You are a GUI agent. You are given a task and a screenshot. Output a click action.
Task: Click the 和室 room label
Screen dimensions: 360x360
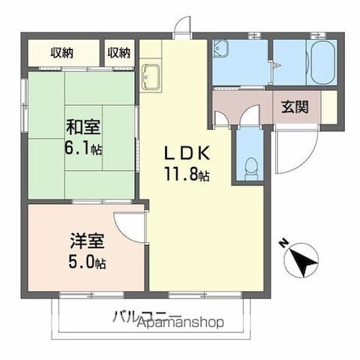tap(83, 127)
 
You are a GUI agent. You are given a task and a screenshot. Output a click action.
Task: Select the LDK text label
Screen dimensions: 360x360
tap(187, 153)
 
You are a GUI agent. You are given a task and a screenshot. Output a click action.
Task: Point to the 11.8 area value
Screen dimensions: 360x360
tap(181, 174)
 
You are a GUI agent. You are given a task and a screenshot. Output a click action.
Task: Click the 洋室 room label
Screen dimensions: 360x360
tap(87, 241)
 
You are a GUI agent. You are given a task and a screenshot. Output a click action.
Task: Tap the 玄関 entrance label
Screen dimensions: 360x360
tap(295, 107)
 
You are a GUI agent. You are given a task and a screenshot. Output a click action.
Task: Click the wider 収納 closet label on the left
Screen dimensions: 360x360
tap(62, 53)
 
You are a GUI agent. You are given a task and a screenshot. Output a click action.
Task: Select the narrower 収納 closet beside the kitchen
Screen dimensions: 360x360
tap(119, 53)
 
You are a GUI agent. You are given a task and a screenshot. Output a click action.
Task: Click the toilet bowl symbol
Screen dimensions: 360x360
tap(251, 167)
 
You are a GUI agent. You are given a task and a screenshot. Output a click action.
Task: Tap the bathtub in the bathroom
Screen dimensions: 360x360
tap(323, 63)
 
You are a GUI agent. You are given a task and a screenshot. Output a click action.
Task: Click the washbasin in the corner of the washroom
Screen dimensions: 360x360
tap(219, 47)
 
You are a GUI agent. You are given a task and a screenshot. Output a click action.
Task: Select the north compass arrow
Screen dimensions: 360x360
tap(303, 261)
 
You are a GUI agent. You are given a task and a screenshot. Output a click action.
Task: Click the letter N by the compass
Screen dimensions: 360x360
tap(283, 243)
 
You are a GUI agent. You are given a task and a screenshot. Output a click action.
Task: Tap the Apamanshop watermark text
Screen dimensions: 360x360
tap(181, 322)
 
